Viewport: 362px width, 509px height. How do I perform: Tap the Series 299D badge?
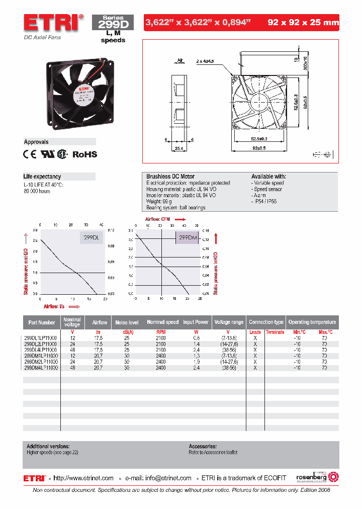(x=113, y=23)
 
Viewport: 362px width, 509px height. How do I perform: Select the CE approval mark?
(x=30, y=154)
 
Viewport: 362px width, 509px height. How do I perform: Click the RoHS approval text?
(x=85, y=154)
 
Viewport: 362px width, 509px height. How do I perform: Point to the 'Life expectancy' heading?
(x=42, y=177)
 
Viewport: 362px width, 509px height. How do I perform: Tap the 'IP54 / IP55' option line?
(x=265, y=201)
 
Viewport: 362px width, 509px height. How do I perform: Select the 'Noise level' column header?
(x=127, y=322)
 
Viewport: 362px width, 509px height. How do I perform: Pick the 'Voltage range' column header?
(x=229, y=322)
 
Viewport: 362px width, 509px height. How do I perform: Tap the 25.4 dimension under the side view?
(x=178, y=149)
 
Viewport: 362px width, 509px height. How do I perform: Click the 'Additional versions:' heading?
(x=48, y=446)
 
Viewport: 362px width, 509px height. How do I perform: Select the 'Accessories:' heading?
(x=203, y=446)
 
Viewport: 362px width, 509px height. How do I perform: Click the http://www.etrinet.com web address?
(x=83, y=478)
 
